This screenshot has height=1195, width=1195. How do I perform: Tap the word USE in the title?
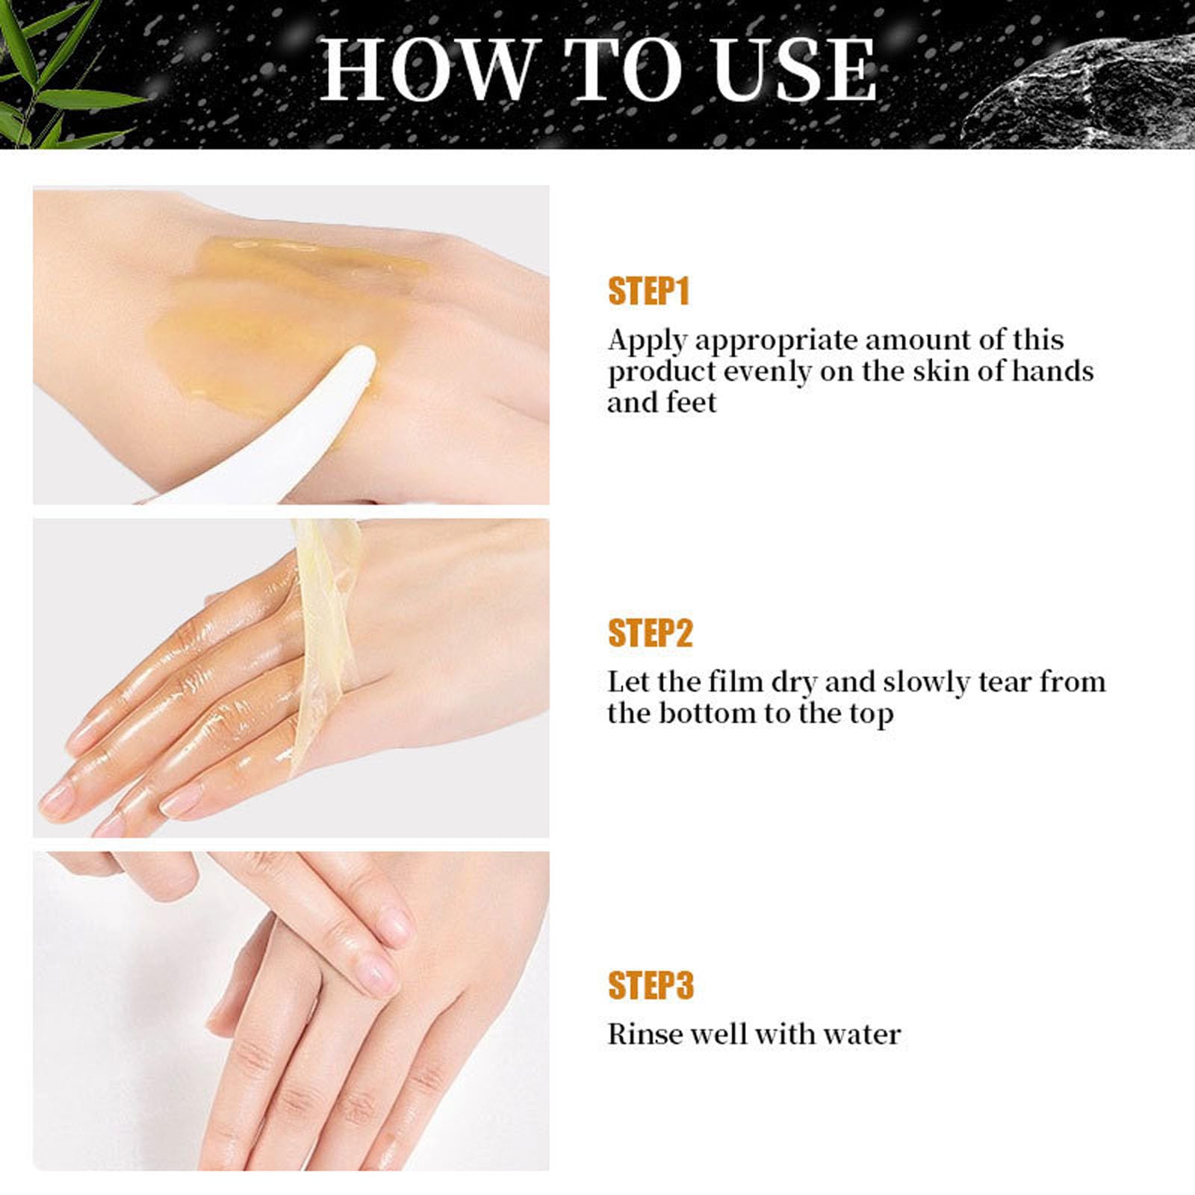point(795,70)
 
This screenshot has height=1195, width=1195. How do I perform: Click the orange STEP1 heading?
point(648,291)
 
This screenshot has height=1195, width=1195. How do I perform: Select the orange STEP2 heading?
point(650,633)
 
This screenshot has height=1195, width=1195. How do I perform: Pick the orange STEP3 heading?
point(651,985)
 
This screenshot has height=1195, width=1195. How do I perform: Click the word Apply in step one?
point(647,341)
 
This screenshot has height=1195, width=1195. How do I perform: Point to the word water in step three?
point(862,1034)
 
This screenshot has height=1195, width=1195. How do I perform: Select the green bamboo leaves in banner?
point(45,75)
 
